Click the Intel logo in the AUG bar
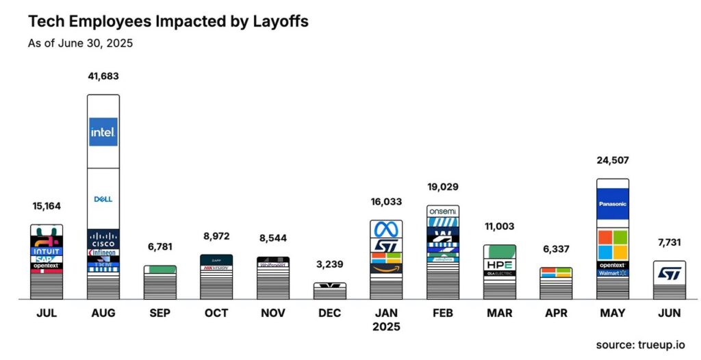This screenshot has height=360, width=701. [x=103, y=131]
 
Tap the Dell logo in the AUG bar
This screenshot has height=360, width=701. [x=103, y=199]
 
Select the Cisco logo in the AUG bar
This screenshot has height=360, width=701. [x=103, y=240]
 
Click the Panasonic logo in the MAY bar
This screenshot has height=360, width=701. [x=612, y=204]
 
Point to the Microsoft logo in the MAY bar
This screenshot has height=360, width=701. [x=612, y=244]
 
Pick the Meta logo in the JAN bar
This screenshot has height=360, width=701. [x=386, y=229]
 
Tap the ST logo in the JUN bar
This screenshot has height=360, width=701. [x=669, y=274]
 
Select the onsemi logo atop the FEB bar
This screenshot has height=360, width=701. [x=443, y=211]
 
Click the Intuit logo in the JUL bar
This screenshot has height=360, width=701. [x=47, y=251]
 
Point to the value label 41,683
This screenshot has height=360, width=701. [x=103, y=76]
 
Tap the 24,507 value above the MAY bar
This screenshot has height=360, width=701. [x=612, y=160]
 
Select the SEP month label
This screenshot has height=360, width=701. [x=160, y=313]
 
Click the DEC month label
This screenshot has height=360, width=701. [x=329, y=313]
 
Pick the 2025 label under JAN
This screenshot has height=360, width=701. [x=386, y=326]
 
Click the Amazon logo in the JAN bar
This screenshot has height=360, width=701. [x=386, y=269]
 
